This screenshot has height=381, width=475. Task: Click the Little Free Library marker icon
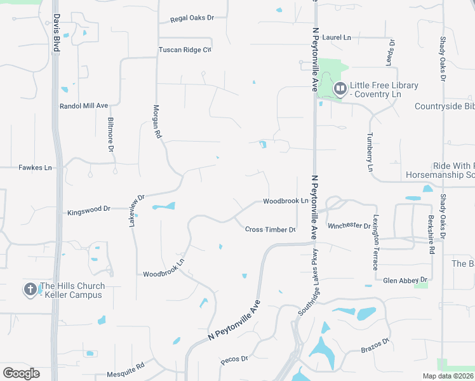tap(340, 89)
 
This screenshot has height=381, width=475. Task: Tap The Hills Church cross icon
tap(30, 290)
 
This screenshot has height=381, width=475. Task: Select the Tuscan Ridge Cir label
tap(184, 50)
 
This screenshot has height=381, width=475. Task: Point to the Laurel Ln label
tap(337, 38)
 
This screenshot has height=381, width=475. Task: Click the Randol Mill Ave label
tap(84, 106)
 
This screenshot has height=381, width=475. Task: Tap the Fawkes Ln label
tap(35, 168)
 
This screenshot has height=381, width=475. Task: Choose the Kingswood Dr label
tap(89, 208)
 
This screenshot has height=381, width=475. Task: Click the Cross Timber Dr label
tap(271, 229)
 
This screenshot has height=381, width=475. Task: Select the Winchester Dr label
tap(349, 226)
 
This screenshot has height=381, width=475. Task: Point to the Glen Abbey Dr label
tap(406, 279)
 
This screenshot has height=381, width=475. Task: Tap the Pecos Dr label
tap(234, 359)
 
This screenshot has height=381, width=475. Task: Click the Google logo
tap(21, 373)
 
